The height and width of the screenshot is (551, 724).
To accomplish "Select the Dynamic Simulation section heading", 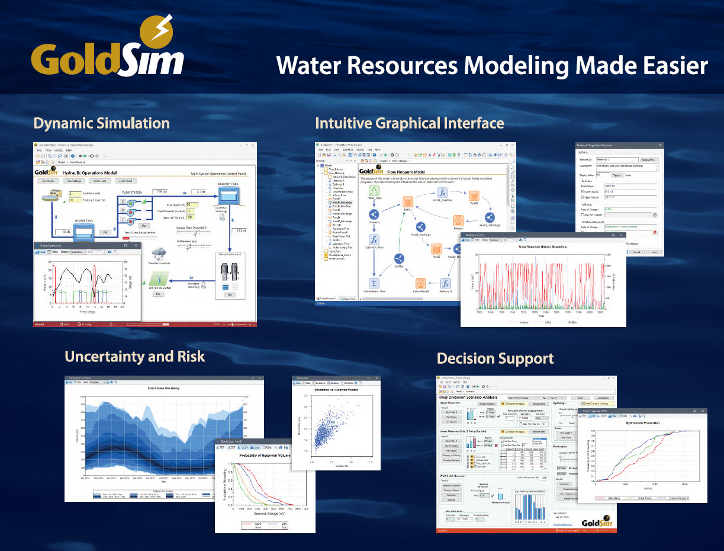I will point(101,123).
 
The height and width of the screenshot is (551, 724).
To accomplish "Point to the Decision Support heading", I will point(495,358).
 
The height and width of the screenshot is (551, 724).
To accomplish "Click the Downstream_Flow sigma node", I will point(374,282).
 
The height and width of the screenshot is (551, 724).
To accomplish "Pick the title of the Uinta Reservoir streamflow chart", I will point(543,246).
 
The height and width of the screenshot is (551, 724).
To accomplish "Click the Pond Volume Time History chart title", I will point(164,389).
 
